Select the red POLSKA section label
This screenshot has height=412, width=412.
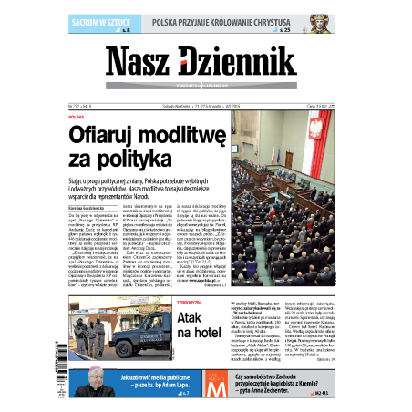[x=76, y=118]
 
